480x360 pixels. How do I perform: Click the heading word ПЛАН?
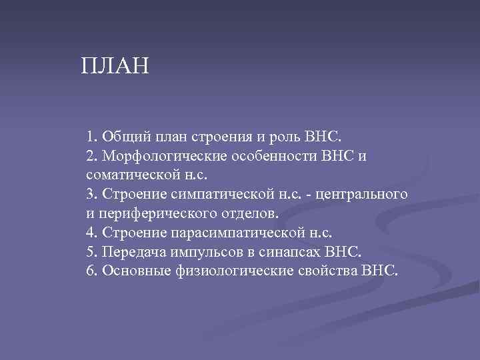click(x=115, y=67)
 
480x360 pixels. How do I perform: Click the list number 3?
click(x=90, y=195)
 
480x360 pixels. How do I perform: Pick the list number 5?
click(x=90, y=253)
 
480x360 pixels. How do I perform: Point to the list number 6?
click(x=90, y=272)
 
